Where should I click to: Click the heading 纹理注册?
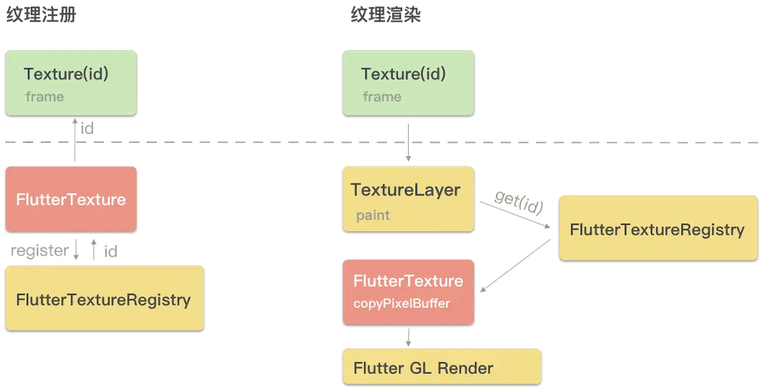[x=41, y=15]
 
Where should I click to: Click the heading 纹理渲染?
[x=386, y=15]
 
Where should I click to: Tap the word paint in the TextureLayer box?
[x=373, y=216]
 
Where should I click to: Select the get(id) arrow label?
[x=519, y=203]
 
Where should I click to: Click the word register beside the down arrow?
[x=40, y=251]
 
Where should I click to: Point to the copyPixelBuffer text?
[x=402, y=303]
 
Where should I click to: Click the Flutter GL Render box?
[x=442, y=367]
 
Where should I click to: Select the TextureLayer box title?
[x=405, y=190]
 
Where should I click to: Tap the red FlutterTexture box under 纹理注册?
[x=71, y=199]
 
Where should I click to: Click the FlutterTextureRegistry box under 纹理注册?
[x=105, y=298]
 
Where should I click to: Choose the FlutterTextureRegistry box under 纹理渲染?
[x=659, y=228]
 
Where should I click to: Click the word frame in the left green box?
[x=45, y=97]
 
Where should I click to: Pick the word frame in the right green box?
[x=382, y=97]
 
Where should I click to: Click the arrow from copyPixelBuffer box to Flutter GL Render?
[x=409, y=337]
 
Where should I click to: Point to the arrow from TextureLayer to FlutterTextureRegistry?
[x=515, y=215]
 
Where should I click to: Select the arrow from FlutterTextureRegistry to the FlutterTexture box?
[x=515, y=266]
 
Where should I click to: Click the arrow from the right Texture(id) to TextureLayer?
[x=409, y=142]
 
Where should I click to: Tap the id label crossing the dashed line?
[x=87, y=129]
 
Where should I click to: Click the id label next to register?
[x=111, y=252]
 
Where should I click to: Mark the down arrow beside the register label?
[x=76, y=250]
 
